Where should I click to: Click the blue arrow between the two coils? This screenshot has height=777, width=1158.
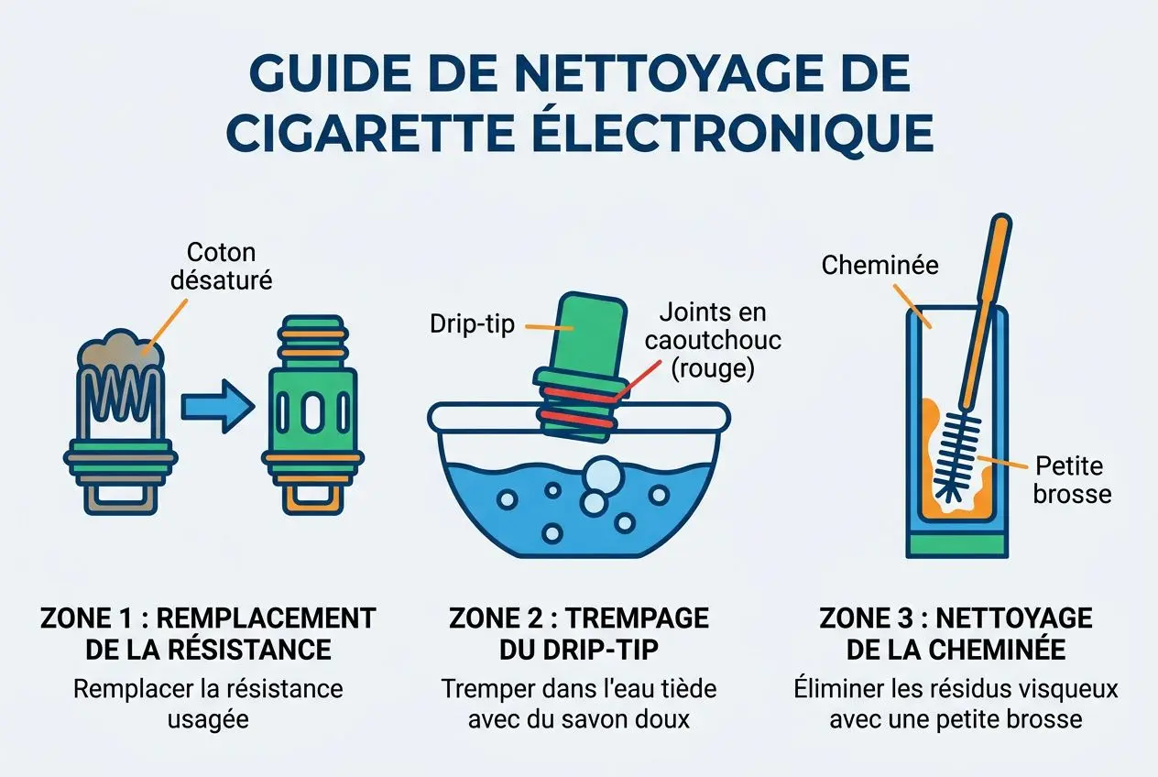216,407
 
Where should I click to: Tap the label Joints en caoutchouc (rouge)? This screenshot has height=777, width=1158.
711,340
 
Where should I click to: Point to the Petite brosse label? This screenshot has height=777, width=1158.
1070,479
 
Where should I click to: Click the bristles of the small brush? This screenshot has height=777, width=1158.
955,455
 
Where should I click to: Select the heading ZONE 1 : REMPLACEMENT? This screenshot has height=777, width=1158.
208,618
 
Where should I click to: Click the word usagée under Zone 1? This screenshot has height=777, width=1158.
208,719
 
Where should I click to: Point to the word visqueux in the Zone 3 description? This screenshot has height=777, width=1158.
1065,688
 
